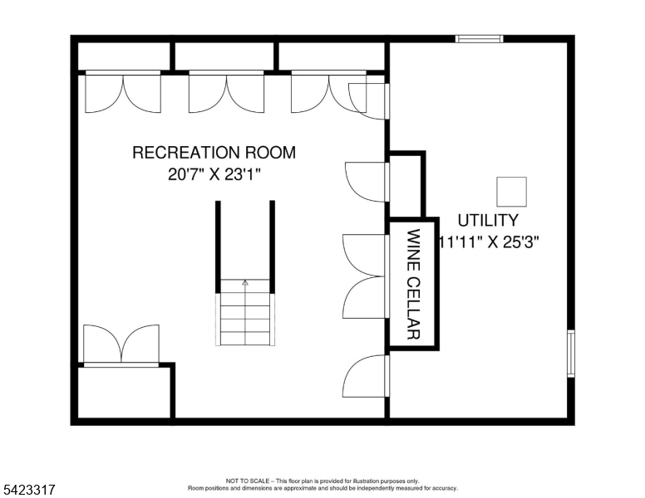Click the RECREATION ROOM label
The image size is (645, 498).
214,153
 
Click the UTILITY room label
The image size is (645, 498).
488,221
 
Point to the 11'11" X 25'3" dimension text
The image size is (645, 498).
490,242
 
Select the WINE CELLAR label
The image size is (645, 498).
413,284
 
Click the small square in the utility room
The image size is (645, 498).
510,192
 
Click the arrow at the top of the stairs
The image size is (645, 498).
245,283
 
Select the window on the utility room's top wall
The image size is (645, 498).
480,38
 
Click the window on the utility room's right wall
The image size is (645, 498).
570,354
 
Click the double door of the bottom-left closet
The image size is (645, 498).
121,344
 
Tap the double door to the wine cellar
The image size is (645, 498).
367,276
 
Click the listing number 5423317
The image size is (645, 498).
29,491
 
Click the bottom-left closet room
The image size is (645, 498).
125,392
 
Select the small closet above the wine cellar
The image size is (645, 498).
406,184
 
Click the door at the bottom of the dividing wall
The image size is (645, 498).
367,376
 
